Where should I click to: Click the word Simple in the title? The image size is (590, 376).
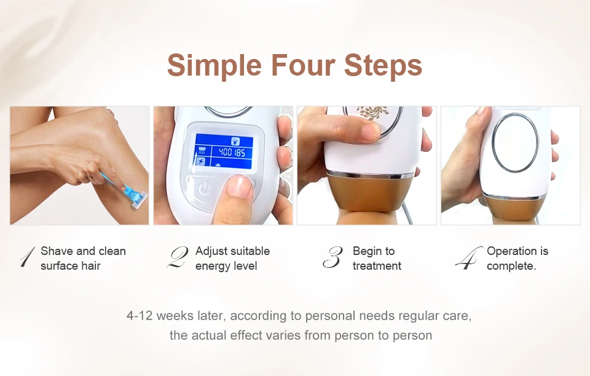tap(214, 65)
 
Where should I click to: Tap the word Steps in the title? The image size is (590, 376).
tap(383, 65)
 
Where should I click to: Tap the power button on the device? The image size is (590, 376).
tap(204, 189)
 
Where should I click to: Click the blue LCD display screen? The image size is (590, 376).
tap(224, 151)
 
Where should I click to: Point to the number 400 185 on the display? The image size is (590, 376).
tap(232, 152)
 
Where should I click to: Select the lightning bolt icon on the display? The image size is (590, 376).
tap(200, 162)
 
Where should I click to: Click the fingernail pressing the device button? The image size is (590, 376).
tap(239, 187)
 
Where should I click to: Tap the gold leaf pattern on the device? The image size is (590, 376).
tap(372, 112)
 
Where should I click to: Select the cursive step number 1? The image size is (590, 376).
tap(28, 257)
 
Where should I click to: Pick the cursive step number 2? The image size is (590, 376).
tap(177, 257)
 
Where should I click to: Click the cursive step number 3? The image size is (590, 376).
tap(332, 257)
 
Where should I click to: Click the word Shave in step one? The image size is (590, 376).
tap(57, 251)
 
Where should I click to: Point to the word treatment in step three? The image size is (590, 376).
tap(377, 266)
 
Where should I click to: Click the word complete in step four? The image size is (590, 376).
tap(510, 266)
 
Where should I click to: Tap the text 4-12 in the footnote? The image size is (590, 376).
tap(140, 316)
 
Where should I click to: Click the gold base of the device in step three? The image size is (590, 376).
tap(366, 193)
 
